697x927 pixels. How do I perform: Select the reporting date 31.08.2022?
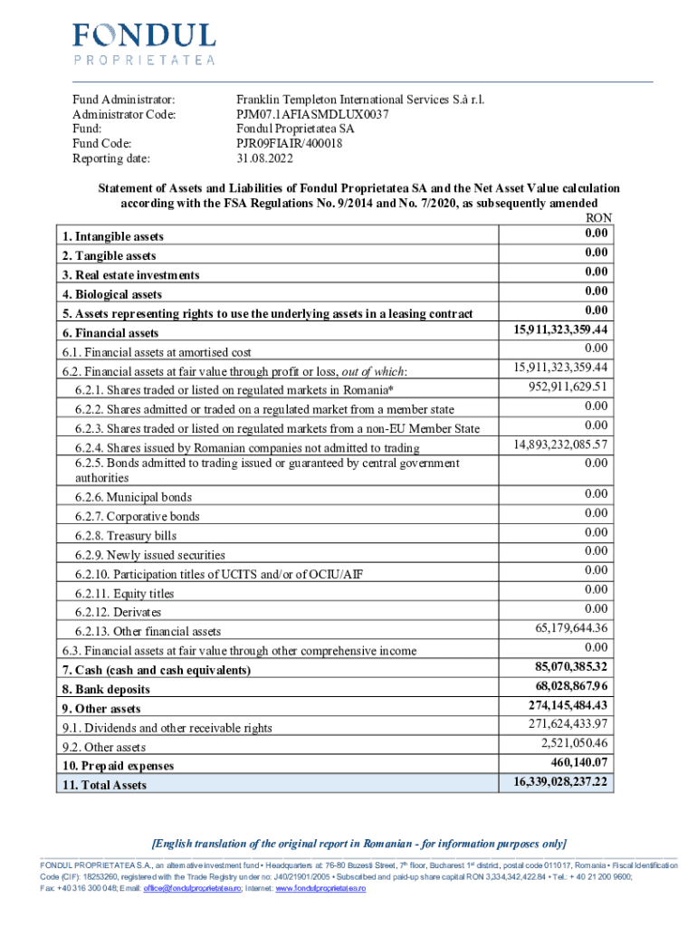(264, 158)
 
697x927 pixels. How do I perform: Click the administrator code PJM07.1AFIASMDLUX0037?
(312, 114)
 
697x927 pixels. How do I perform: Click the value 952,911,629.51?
(568, 387)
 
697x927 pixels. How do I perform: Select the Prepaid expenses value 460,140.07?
(577, 763)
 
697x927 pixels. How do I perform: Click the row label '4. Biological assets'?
(111, 294)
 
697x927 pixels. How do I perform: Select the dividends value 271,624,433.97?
(568, 723)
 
